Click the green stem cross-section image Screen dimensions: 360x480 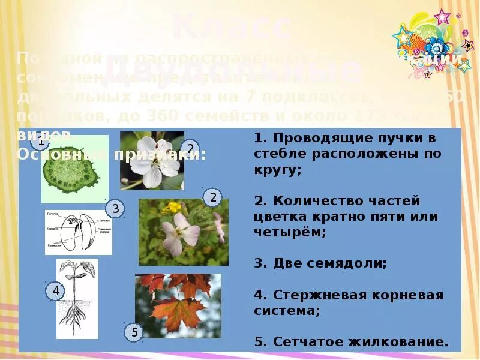pos(75,169)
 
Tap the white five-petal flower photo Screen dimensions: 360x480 pos(152,160)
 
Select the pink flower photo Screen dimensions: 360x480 pos(183,232)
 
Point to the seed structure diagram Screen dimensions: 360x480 pos(78,232)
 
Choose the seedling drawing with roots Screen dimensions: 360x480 pos(77,298)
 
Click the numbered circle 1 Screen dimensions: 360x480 pos(40,143)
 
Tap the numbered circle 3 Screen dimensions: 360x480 pos(116,209)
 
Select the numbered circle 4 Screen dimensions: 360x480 pos(55,292)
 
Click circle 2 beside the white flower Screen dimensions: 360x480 pos(190,149)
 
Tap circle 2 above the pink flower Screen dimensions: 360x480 pos(212,197)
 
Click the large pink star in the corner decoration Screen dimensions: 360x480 pos(442,17)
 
